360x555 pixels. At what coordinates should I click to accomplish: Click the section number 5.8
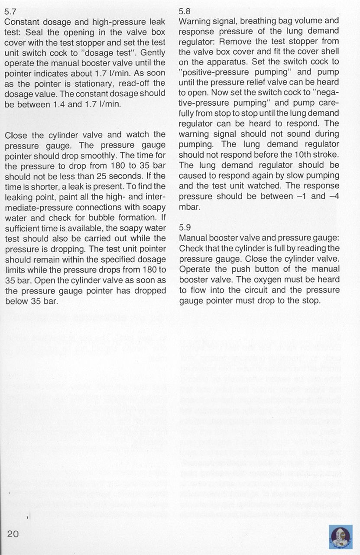185,12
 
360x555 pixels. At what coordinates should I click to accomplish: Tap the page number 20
13,533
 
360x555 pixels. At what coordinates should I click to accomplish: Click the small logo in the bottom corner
341,537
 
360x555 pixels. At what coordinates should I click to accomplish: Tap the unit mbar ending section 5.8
189,207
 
